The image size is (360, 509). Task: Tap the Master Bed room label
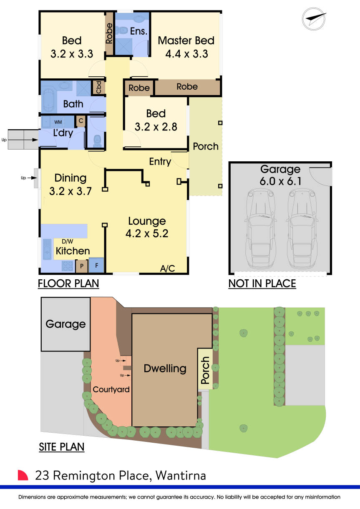(x=186, y=40)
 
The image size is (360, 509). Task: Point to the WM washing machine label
(x=58, y=122)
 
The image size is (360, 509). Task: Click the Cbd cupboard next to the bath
(x=99, y=87)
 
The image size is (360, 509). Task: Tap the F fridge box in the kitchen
(x=96, y=265)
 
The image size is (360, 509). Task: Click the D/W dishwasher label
(x=67, y=241)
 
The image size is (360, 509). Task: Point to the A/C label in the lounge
(x=167, y=268)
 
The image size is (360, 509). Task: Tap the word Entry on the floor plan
(x=160, y=161)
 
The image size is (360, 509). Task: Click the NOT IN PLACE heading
(x=262, y=284)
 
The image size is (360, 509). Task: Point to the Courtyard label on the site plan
(x=111, y=390)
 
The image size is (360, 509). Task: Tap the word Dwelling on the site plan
(x=165, y=368)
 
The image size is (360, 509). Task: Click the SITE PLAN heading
(x=62, y=447)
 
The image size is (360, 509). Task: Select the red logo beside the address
(x=23, y=475)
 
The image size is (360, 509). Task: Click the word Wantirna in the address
(x=181, y=475)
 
